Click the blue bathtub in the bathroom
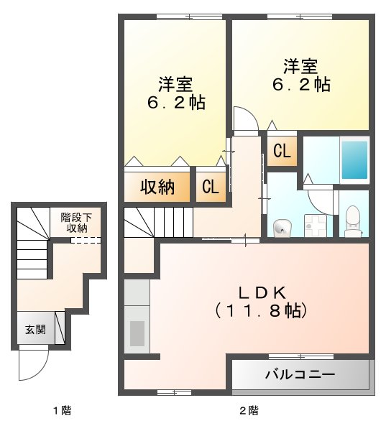click(354, 160)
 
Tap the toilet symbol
click(353, 219)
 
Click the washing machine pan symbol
click(314, 224)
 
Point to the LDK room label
click(263, 292)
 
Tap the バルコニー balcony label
click(300, 374)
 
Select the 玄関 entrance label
click(35, 330)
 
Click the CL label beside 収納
click(211, 187)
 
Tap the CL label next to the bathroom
click(282, 152)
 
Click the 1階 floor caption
click(61, 411)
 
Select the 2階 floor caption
click(249, 411)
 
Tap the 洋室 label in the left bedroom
click(176, 84)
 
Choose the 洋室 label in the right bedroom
click(300, 67)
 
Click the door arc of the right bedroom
click(244, 119)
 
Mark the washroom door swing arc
click(319, 198)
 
